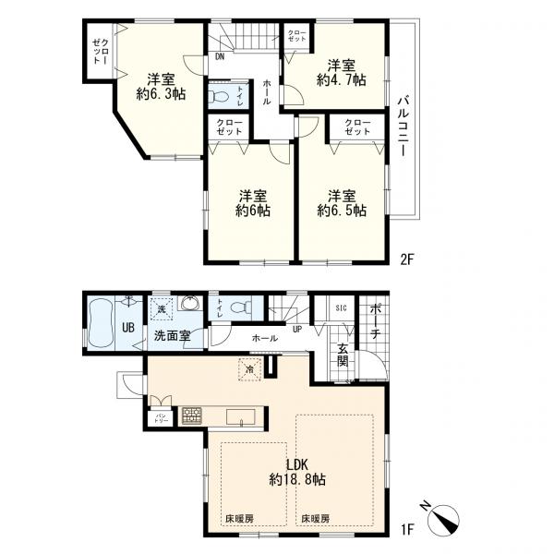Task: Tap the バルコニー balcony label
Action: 403,128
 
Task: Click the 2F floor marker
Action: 407,259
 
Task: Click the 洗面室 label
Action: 172,336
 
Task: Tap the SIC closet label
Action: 341,308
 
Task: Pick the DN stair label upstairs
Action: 220,57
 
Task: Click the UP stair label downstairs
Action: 296,328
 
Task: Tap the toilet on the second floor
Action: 220,95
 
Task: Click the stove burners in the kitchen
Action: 192,415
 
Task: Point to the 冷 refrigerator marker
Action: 250,370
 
